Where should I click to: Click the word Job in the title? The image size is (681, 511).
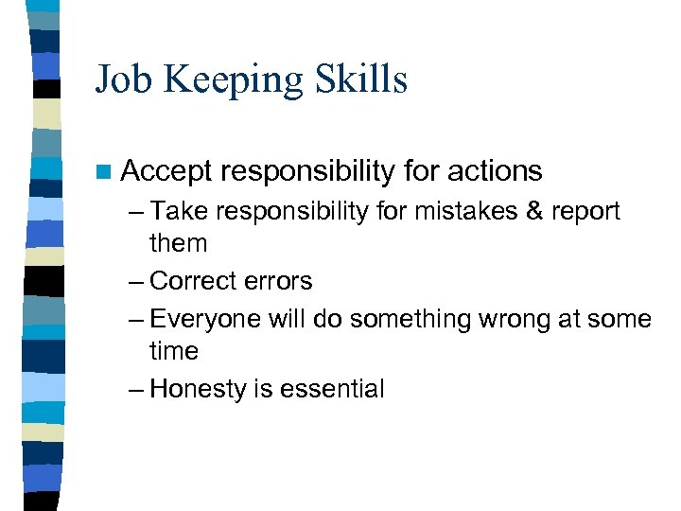pos(121,79)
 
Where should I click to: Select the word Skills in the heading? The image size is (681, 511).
pos(360,79)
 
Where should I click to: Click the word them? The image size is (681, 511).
pos(178,243)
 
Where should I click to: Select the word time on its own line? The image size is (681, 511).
pos(174,351)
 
